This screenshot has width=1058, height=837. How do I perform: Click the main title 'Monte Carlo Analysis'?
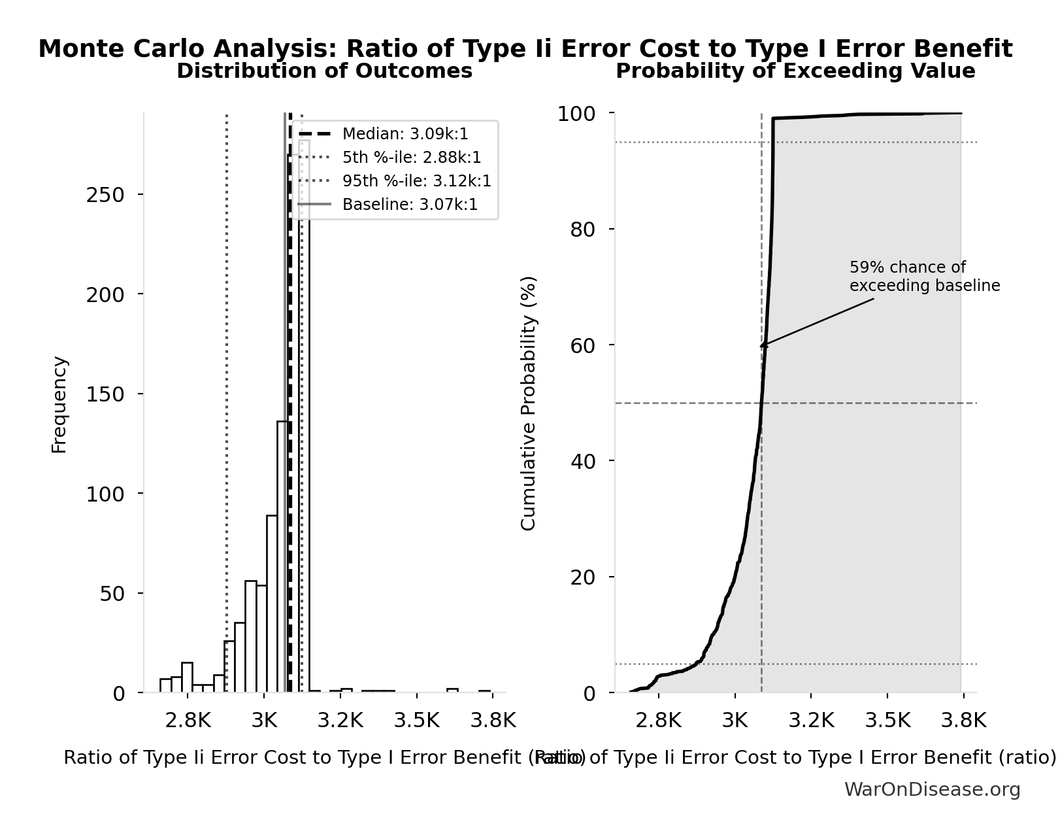pos(525,49)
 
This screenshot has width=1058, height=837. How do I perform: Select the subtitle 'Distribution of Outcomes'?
pos(324,71)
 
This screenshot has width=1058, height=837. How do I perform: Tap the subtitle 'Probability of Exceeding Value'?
pos(795,71)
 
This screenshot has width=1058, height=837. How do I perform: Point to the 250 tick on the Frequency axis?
pos(105,195)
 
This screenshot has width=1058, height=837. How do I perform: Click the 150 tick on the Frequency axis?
pos(105,394)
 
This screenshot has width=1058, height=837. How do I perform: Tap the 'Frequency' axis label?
pos(59,404)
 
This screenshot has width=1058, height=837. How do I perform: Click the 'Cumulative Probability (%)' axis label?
pos(528,403)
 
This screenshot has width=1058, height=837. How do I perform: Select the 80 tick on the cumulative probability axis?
pos(582,230)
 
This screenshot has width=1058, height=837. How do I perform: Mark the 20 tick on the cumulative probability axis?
pos(582,577)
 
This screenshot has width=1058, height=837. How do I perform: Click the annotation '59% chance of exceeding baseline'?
pos(924,277)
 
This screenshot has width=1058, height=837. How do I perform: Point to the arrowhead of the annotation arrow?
pos(762,346)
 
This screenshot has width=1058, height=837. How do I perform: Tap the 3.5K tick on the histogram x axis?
pos(416,721)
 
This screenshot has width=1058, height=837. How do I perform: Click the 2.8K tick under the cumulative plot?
pos(659,721)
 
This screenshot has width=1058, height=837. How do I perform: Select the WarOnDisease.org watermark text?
pos(932,789)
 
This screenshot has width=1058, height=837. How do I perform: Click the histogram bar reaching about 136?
pos(282,556)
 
